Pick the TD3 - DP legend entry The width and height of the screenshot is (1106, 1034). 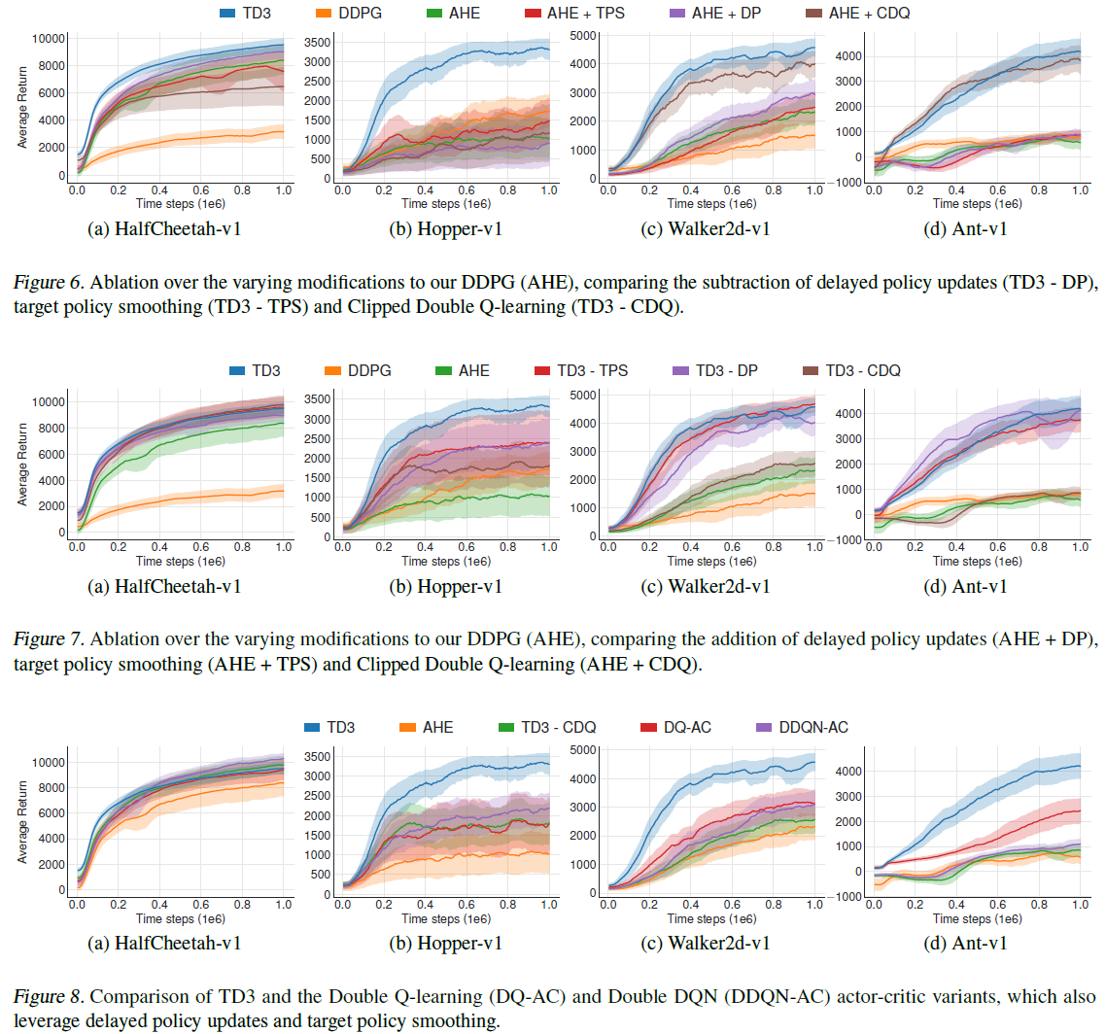tap(722, 370)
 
